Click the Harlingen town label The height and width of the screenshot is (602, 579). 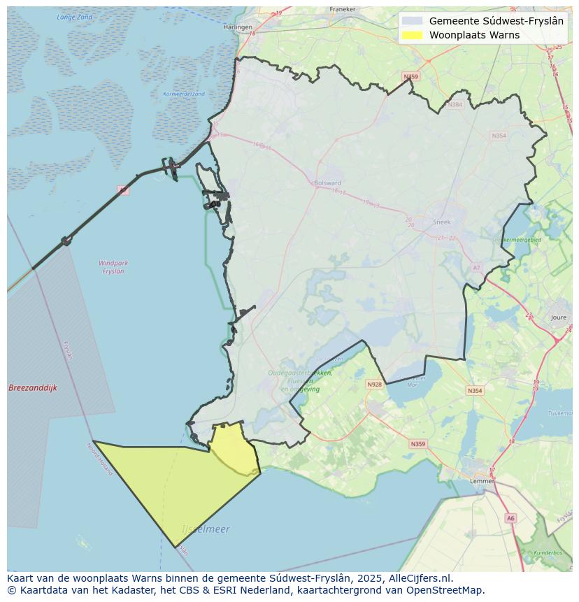click(238, 27)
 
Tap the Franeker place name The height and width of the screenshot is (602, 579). click(342, 10)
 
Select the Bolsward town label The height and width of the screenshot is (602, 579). click(327, 183)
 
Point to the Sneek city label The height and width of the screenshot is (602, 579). click(442, 222)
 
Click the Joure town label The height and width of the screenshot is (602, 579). click(559, 317)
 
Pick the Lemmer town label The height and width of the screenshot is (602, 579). click(482, 481)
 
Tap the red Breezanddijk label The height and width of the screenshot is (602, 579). click(33, 388)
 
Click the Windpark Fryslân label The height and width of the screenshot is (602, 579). click(113, 267)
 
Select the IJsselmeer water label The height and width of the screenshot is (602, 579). click(206, 529)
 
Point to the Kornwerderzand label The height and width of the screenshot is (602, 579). click(183, 94)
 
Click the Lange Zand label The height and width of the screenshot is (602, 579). click(74, 16)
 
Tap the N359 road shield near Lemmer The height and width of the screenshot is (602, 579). click(418, 444)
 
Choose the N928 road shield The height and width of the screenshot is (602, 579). click(375, 385)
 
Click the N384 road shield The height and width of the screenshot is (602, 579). click(456, 105)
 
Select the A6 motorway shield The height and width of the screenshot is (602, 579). click(510, 518)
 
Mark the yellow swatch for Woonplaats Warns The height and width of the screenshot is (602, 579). click(413, 35)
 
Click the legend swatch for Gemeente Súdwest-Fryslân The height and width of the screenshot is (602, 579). click(413, 21)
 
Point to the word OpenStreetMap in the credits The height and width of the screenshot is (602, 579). click(449, 590)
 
